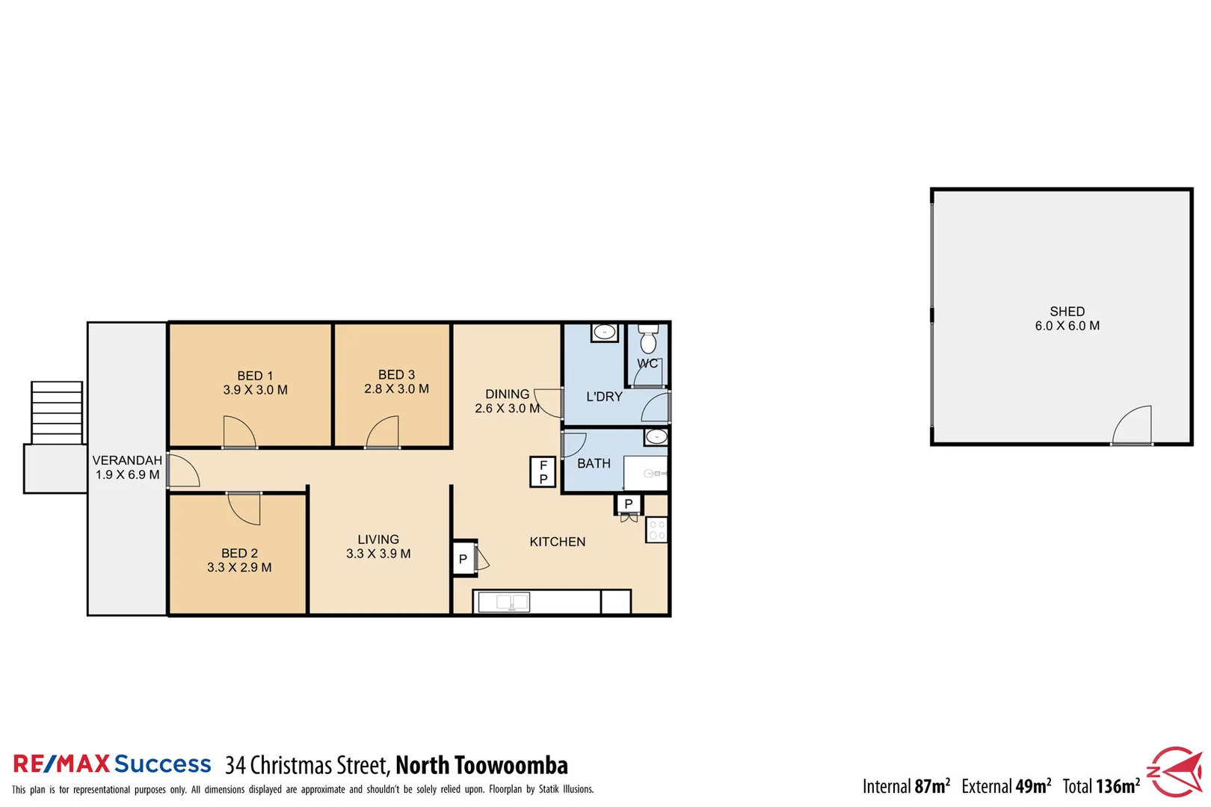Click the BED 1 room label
[255, 376]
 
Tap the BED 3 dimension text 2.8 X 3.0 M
[396, 389]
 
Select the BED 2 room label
[239, 553]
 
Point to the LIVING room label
[378, 539]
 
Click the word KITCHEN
[558, 542]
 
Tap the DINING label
[507, 395]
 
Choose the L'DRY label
[604, 397]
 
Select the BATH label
[594, 464]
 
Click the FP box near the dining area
[543, 472]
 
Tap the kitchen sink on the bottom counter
[503, 602]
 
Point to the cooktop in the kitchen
[656, 530]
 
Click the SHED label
[1067, 312]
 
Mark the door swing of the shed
[1133, 426]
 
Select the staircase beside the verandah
[57, 412]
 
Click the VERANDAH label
[127, 460]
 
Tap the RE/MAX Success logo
[112, 764]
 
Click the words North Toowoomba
[481, 765]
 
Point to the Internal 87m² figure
[906, 786]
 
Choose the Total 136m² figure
[1101, 786]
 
